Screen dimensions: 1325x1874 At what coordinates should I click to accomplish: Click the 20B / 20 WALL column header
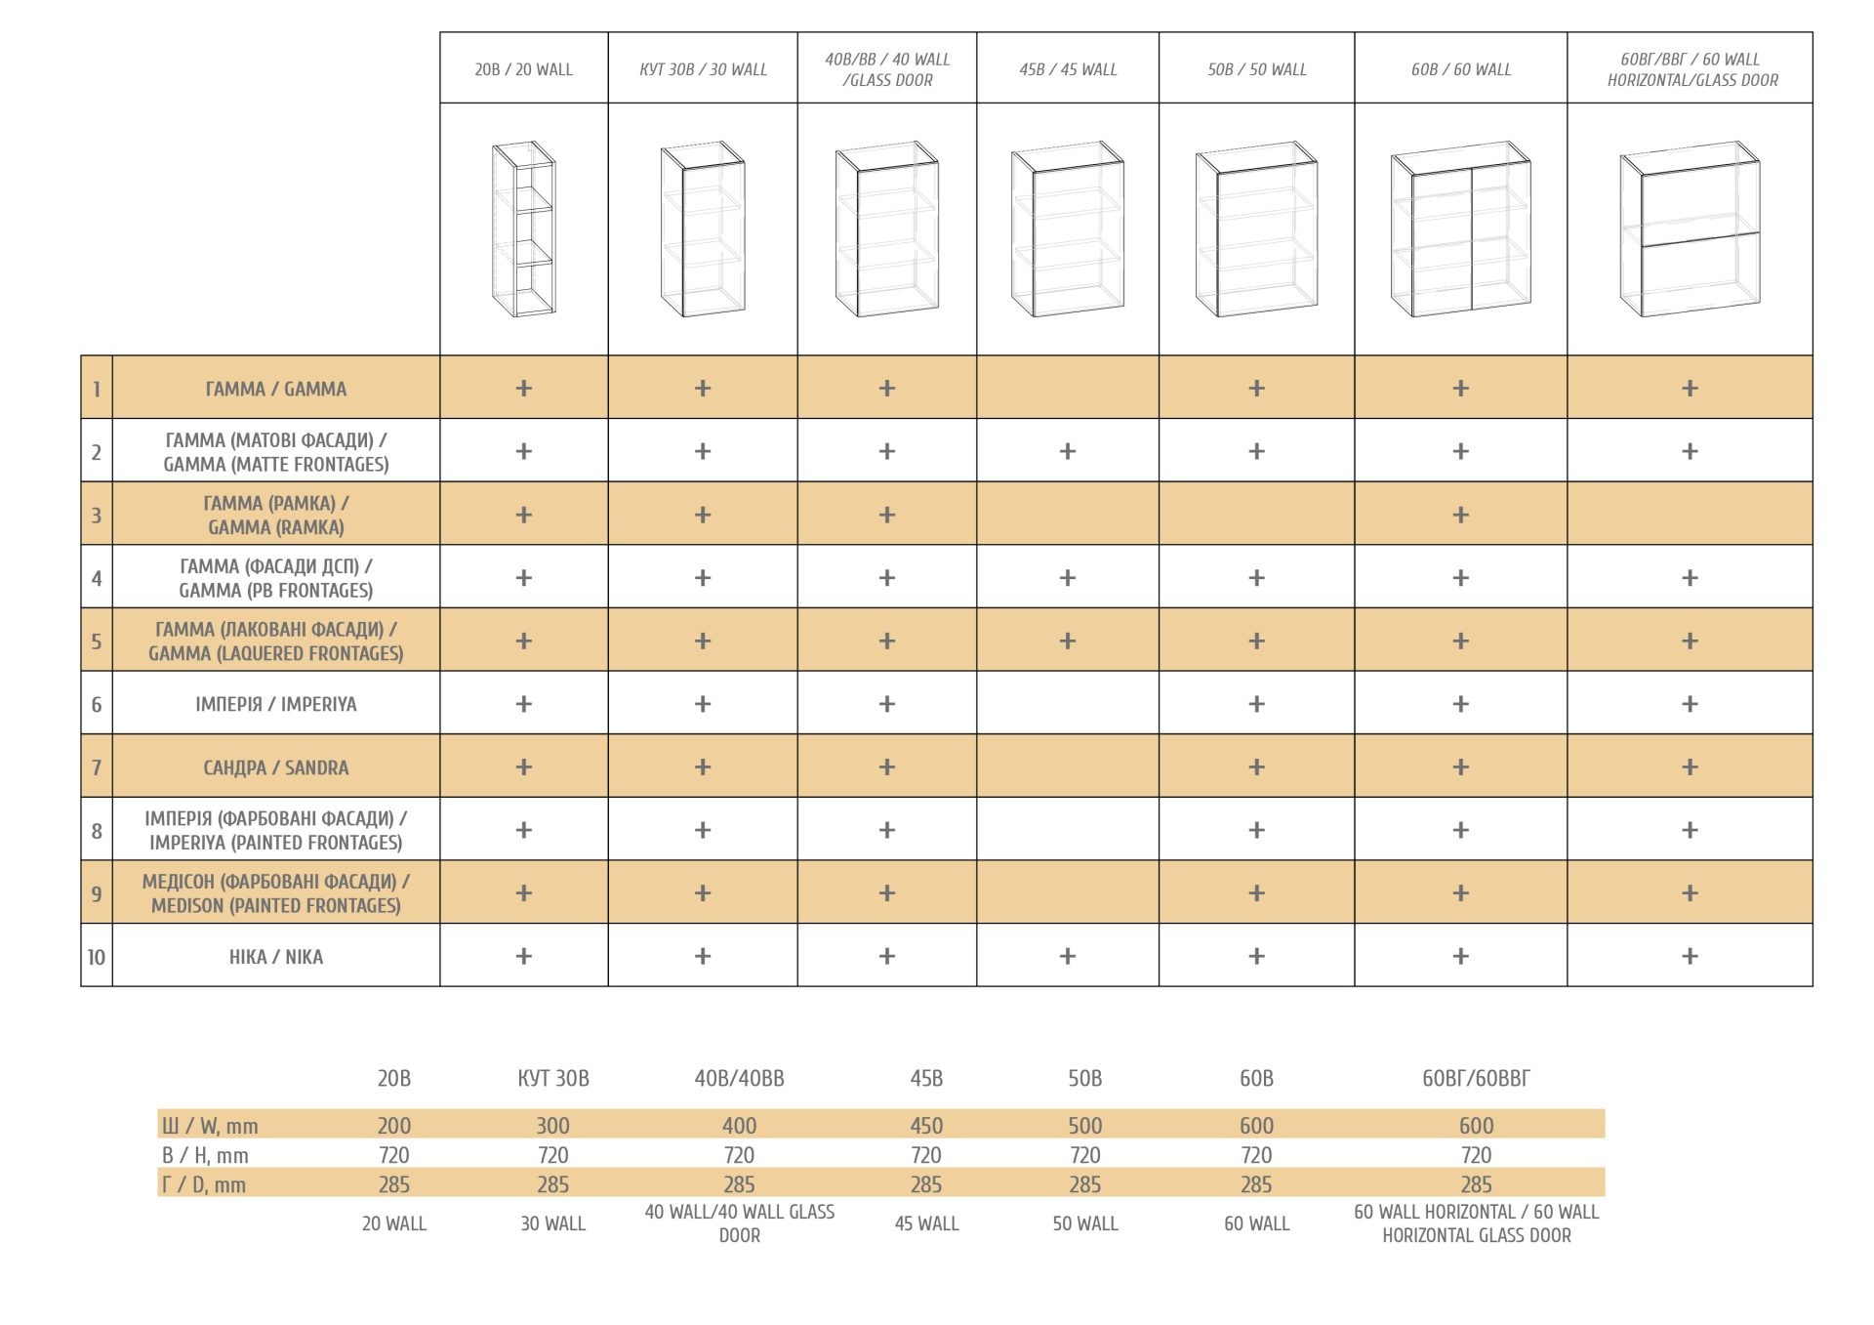pos(523,69)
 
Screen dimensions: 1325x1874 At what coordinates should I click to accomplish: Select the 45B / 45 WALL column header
pos(1068,69)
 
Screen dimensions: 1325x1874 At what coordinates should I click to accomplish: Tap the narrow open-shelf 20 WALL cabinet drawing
pos(524,228)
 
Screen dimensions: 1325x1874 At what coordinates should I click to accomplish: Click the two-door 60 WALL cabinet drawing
pos(1460,229)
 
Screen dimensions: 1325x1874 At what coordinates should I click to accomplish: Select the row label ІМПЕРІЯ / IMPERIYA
pos(275,704)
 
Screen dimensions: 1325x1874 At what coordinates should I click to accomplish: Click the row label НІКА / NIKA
pos(275,957)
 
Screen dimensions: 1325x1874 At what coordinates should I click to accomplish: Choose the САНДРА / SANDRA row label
pos(275,767)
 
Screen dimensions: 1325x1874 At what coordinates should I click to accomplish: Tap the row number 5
pos(97,642)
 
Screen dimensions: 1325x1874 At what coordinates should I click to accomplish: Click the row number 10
pos(97,957)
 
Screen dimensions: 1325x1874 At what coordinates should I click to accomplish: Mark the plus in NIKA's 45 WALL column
pos(1068,956)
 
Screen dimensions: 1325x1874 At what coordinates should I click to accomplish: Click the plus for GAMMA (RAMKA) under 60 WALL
pos(1460,515)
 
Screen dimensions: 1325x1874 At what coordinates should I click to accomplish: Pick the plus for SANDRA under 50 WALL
pos(1256,766)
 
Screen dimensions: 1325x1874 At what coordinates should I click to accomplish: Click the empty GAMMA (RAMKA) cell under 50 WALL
pos(1256,514)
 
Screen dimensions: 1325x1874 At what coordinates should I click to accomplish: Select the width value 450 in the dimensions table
pos(926,1126)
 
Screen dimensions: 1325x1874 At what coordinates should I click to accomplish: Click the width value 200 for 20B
pos(394,1126)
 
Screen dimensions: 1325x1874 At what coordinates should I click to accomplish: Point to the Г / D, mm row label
pos(204,1184)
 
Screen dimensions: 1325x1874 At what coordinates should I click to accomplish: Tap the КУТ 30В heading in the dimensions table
pos(552,1078)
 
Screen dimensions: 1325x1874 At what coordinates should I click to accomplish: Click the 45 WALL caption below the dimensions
pos(926,1223)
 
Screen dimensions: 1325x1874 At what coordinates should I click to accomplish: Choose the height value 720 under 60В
pos(1256,1155)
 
